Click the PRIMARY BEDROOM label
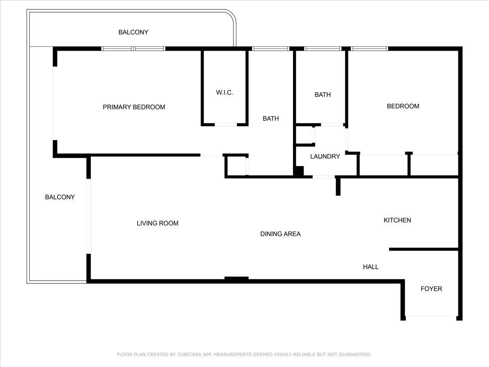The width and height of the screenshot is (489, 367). pyautogui.click(x=134, y=107)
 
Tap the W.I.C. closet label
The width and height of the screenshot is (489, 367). pyautogui.click(x=225, y=93)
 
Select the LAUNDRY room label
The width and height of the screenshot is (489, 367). pyautogui.click(x=325, y=157)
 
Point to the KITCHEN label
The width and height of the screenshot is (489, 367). pyautogui.click(x=397, y=220)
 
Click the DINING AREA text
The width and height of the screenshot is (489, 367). pyautogui.click(x=280, y=234)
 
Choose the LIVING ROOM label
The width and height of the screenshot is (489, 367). pyautogui.click(x=157, y=223)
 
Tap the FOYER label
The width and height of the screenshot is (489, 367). pyautogui.click(x=431, y=289)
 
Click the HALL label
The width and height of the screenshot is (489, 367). pyautogui.click(x=371, y=267)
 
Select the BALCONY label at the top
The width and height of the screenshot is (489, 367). pyautogui.click(x=133, y=32)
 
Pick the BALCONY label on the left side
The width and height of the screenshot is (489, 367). pyautogui.click(x=60, y=197)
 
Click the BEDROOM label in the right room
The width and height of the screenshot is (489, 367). pyautogui.click(x=403, y=106)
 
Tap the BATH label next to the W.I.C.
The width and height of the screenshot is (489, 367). pyautogui.click(x=271, y=119)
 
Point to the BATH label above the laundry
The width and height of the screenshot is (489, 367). pyautogui.click(x=322, y=95)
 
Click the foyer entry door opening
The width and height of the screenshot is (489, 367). pyautogui.click(x=431, y=316)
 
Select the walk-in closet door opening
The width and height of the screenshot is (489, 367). pyautogui.click(x=226, y=124)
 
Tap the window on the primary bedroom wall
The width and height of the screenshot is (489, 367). pyautogui.click(x=133, y=49)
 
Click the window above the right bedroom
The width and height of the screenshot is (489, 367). pyautogui.click(x=370, y=49)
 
